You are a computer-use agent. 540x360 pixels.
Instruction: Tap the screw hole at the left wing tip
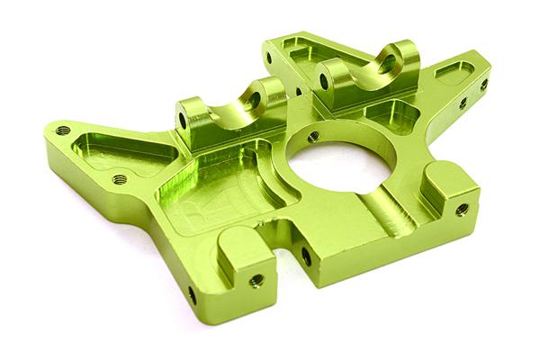pyautogui.click(x=62, y=130)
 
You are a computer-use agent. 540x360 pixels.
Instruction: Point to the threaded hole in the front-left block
pyautogui.click(x=256, y=280)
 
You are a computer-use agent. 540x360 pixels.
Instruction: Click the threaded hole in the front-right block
pyautogui.click(x=462, y=209)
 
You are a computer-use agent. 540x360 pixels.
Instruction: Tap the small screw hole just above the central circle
pyautogui.click(x=312, y=137)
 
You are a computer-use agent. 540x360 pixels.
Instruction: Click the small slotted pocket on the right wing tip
pyautogui.click(x=454, y=71)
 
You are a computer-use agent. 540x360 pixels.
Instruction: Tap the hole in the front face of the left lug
pyautogui.click(x=183, y=119)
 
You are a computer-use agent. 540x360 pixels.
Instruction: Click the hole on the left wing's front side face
pyautogui.click(x=191, y=294)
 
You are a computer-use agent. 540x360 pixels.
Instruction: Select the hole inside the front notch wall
pyautogui.click(x=306, y=256)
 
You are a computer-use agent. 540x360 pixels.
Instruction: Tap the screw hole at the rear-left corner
pyautogui.click(x=268, y=58)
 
